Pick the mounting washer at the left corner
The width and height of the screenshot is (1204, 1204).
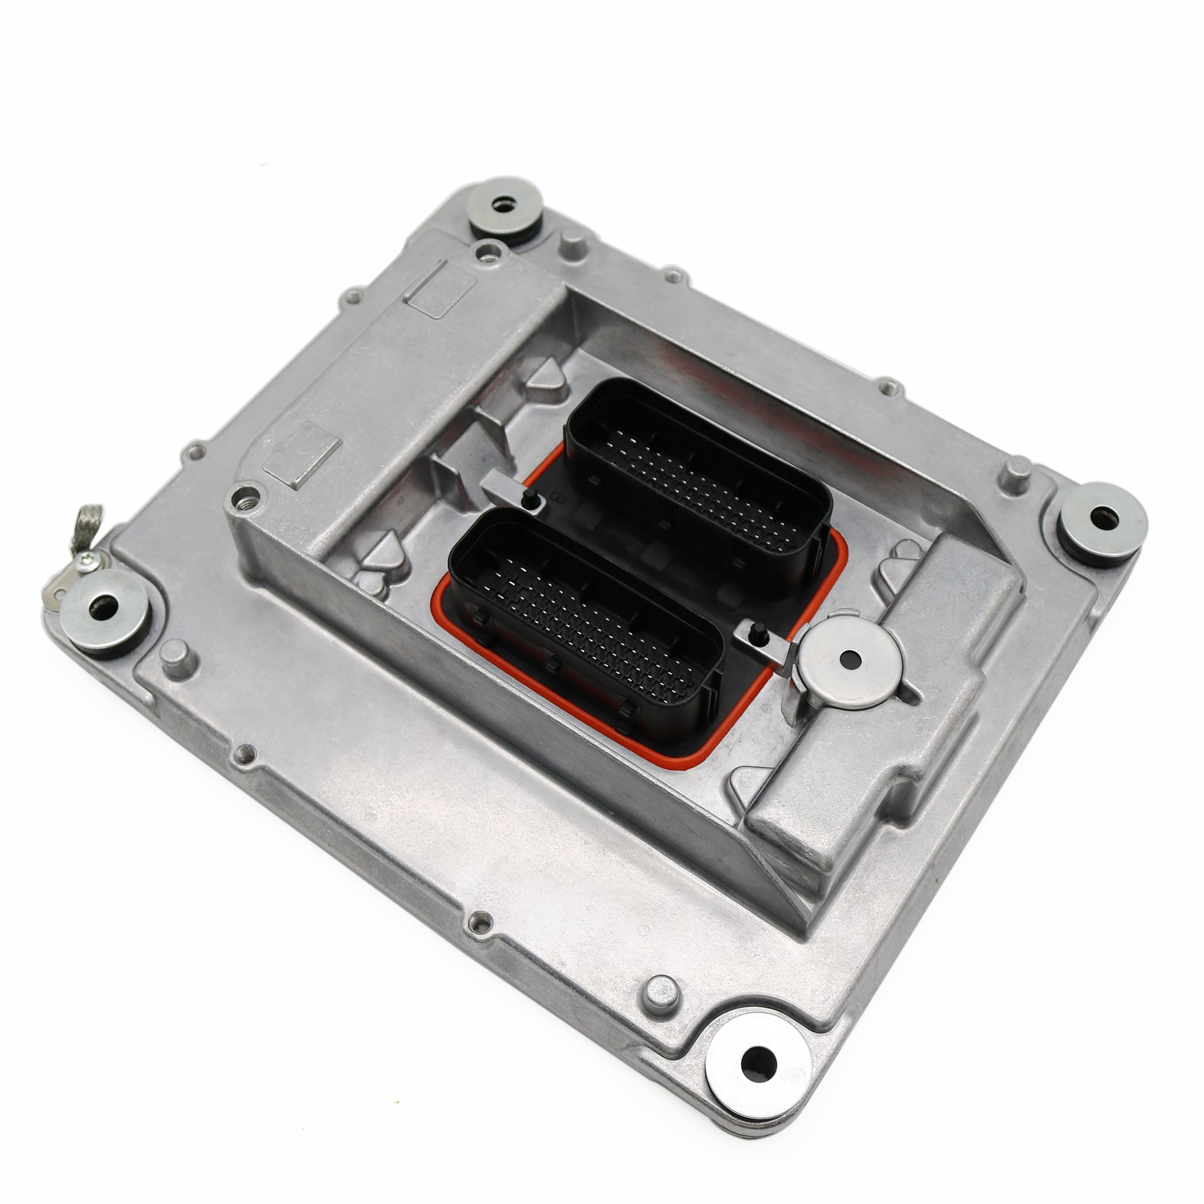point(105,609)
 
